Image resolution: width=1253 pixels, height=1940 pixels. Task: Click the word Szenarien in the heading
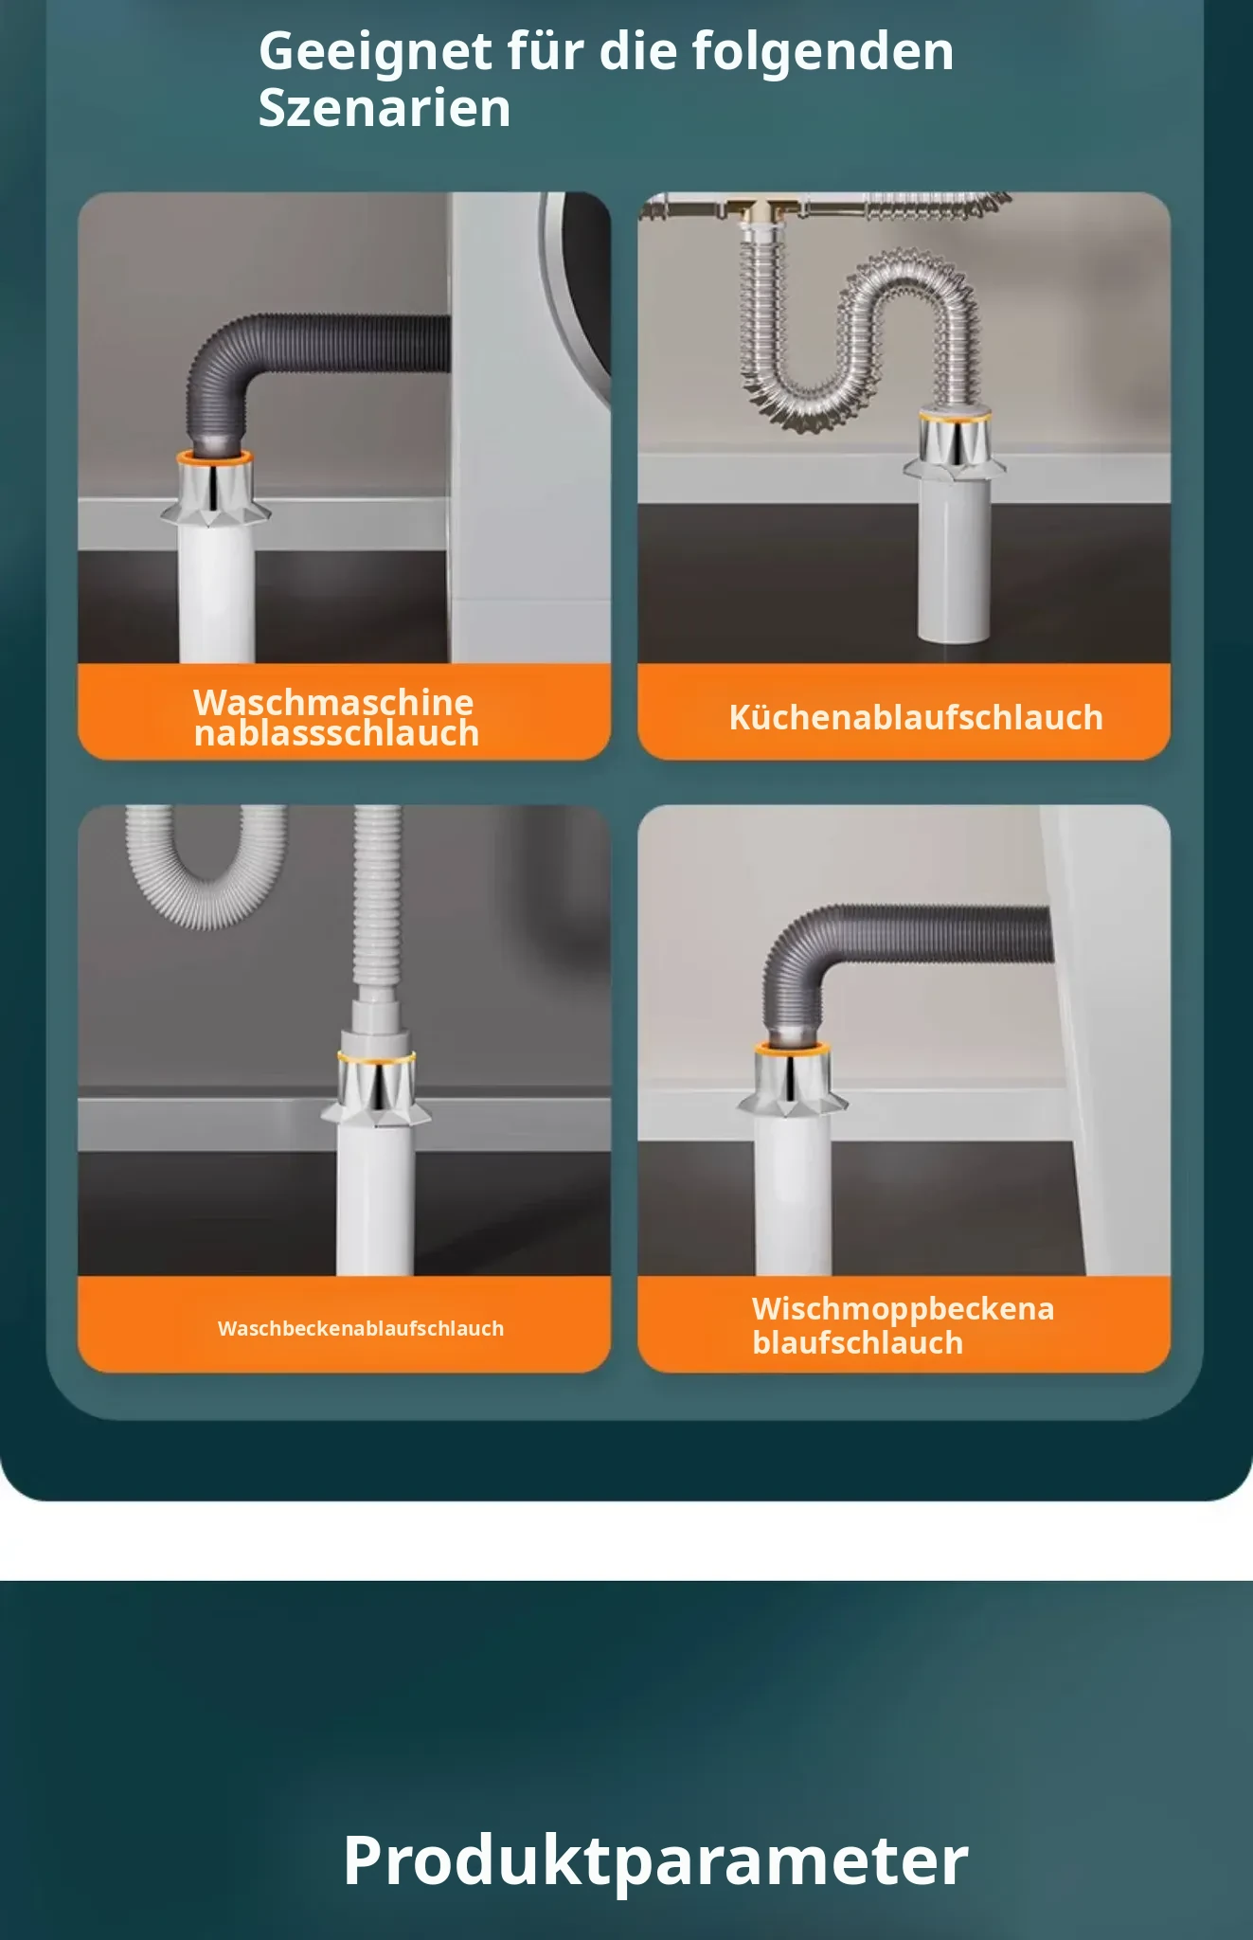coord(385,108)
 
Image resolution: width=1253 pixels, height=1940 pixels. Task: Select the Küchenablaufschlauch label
coord(916,717)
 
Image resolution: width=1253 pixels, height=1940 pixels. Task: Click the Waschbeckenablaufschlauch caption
coord(361,1328)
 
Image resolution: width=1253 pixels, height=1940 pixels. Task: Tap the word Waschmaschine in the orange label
coord(333,702)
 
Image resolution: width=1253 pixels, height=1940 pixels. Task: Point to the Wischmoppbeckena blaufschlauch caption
coord(903,1325)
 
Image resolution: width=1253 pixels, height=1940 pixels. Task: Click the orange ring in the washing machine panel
coord(215,458)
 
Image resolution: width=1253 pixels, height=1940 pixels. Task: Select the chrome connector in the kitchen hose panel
coord(955,445)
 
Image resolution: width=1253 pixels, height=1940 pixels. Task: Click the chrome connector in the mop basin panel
coord(793,1080)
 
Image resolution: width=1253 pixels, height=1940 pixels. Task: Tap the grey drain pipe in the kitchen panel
coord(955,559)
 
